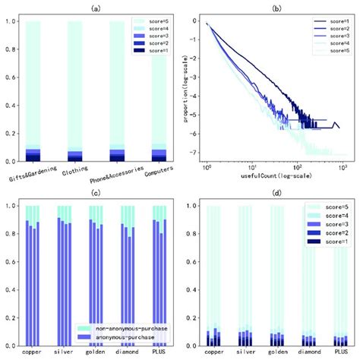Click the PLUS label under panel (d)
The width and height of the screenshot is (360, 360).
[x=339, y=353]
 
